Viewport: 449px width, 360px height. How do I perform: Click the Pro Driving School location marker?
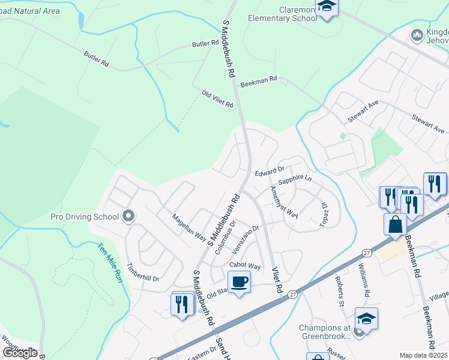click(128, 215)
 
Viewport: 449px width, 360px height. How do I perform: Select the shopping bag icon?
click(396, 224)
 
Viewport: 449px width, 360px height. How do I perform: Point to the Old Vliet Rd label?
click(217, 99)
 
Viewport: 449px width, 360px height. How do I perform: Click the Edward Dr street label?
click(268, 172)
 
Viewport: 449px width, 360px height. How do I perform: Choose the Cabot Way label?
click(245, 266)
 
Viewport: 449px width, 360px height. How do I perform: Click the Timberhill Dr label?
click(142, 272)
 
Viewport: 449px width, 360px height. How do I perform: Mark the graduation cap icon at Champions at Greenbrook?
click(366, 319)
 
